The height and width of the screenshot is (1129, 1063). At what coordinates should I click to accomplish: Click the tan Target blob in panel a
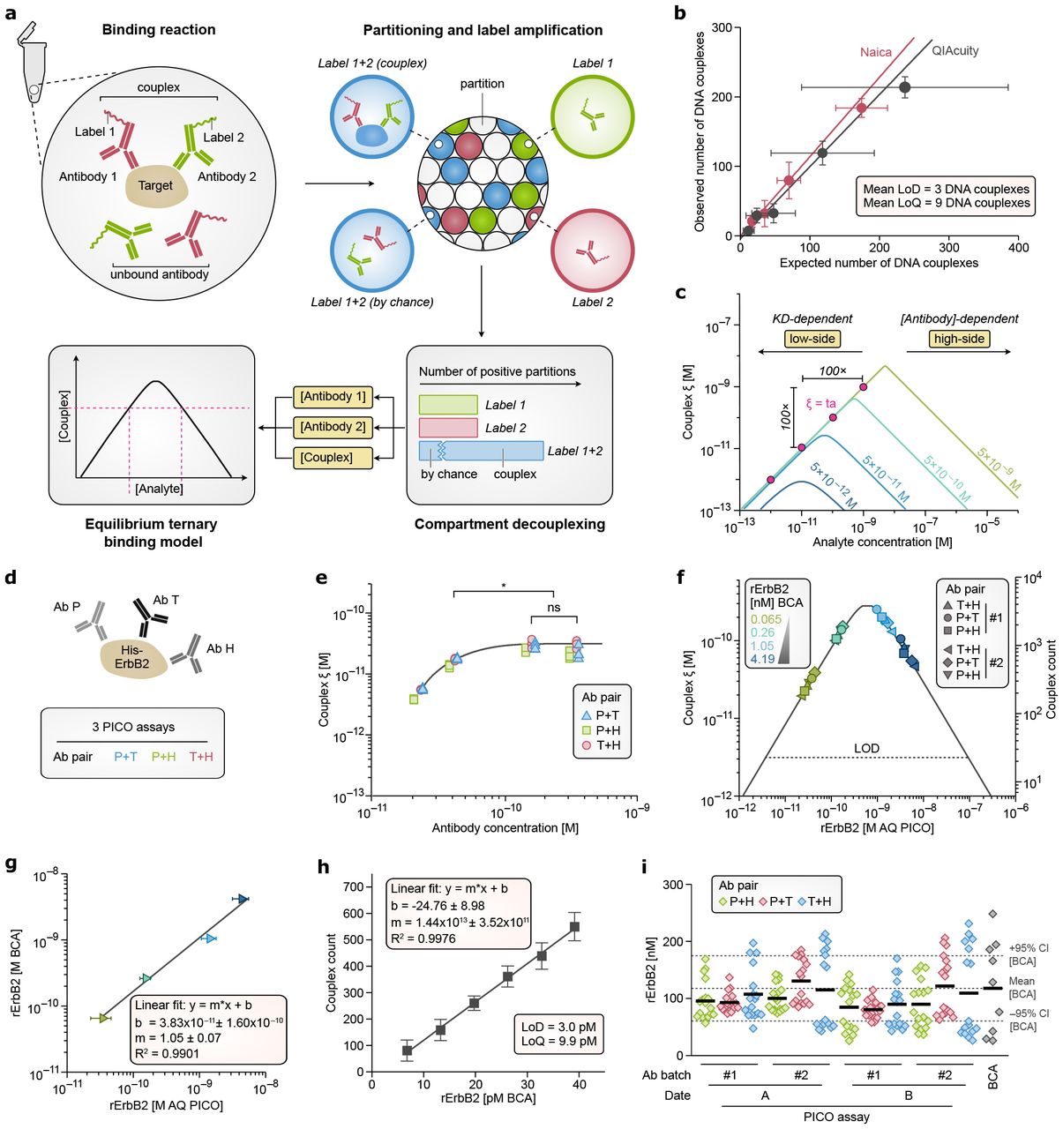coord(155,185)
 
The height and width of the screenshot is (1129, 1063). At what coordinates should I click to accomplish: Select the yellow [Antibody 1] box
coord(333,397)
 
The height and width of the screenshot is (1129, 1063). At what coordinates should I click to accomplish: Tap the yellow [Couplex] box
coord(326,457)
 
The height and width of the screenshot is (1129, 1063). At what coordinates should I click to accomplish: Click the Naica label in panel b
coord(876,53)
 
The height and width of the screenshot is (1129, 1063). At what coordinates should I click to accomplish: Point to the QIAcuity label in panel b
coord(955,50)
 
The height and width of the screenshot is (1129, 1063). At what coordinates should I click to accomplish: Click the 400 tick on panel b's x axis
coord(1018,248)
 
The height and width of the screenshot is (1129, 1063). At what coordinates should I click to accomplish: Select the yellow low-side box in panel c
coord(812,339)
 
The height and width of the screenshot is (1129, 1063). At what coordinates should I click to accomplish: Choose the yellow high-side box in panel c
coord(959,339)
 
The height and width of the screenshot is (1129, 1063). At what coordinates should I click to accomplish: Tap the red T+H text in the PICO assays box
coord(201,756)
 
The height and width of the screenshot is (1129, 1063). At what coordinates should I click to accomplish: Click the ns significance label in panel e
coord(554,607)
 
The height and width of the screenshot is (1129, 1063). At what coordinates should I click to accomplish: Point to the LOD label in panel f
coord(866,748)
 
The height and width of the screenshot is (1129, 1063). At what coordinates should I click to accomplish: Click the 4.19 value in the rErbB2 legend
coord(763,658)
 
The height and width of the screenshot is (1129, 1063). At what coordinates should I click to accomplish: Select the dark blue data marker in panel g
coord(242,898)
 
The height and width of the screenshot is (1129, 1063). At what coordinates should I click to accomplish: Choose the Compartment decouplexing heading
coord(510,524)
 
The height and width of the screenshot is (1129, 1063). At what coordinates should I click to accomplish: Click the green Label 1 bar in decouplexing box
coord(448,405)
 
